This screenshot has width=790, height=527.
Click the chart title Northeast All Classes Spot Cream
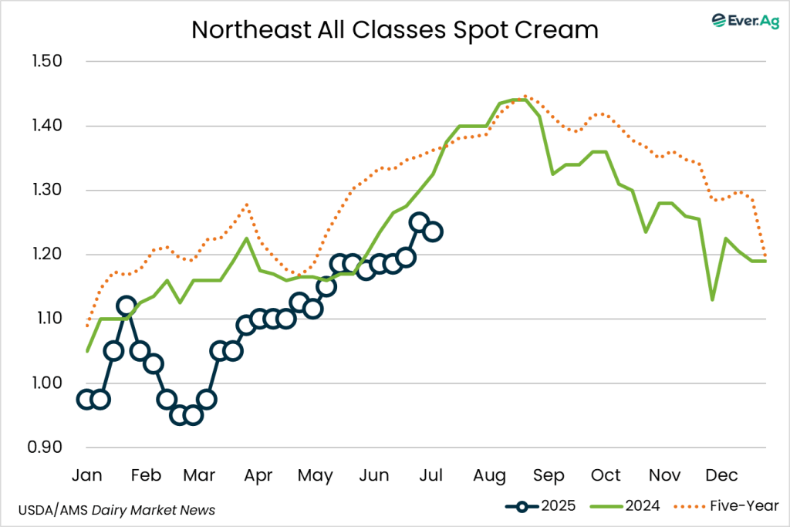tap(395, 29)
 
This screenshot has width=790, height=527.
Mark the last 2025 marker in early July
tap(433, 231)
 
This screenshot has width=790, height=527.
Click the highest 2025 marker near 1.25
tap(419, 222)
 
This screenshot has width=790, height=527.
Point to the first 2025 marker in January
tap(86, 399)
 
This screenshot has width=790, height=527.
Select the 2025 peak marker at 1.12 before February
tap(127, 306)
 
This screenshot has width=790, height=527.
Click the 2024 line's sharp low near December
tap(712, 299)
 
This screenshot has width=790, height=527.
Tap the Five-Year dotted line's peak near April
tap(246, 204)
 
